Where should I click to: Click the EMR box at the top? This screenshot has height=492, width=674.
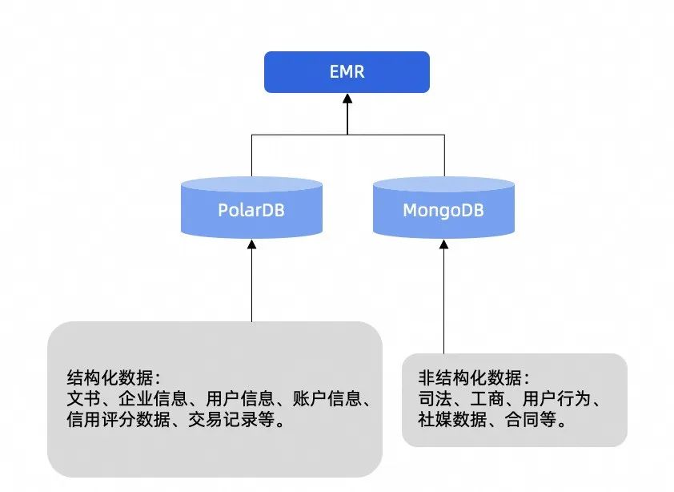(347, 72)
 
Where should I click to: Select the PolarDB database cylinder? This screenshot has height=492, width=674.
(251, 210)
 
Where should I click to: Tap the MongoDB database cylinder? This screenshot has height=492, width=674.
(443, 210)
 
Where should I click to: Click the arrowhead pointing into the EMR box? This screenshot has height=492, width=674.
(347, 100)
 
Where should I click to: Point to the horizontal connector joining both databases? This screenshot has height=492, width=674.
(347, 135)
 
